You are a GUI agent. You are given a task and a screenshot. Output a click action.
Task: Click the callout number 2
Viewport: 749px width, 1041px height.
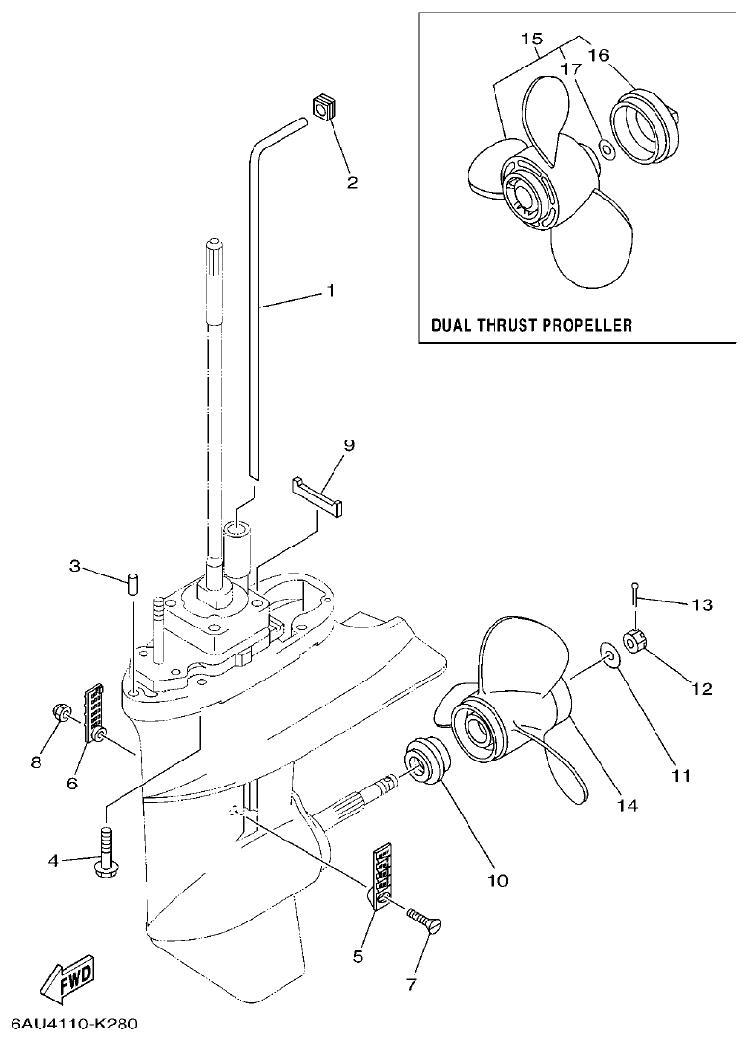point(352,181)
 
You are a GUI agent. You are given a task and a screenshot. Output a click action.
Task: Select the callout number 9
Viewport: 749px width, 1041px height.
point(349,444)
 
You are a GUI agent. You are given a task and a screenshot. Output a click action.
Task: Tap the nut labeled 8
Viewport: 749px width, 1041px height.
point(58,715)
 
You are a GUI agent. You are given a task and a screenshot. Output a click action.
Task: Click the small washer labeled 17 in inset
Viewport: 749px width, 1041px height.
point(606,148)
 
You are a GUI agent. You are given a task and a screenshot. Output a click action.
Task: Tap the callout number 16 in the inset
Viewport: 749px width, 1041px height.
point(598,55)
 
